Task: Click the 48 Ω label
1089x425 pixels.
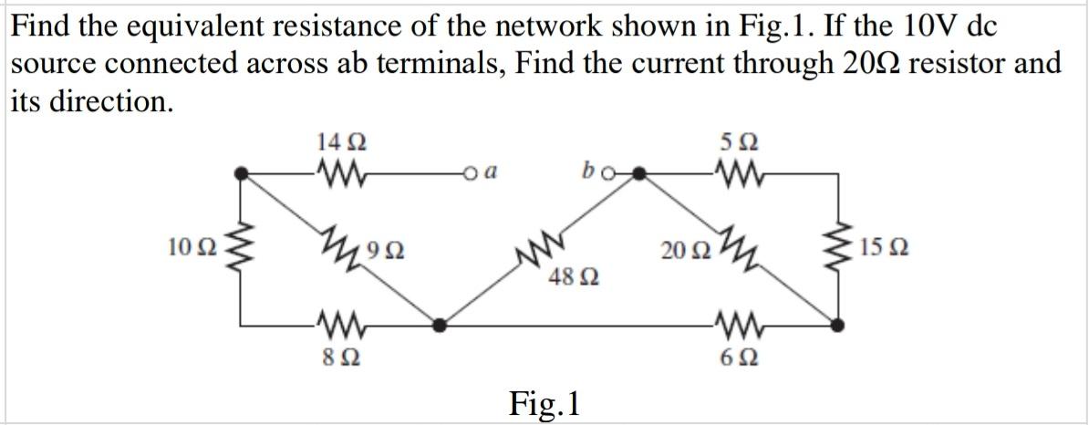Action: click(567, 275)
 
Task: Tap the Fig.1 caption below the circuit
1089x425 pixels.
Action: click(544, 402)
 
